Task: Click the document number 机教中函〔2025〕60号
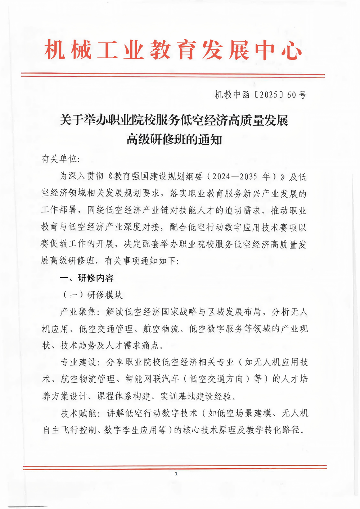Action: click(x=260, y=95)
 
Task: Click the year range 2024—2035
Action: click(x=235, y=176)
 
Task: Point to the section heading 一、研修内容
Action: click(x=86, y=278)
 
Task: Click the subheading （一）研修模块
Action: click(x=93, y=295)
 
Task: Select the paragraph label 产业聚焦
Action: click(x=78, y=312)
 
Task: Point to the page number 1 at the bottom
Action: click(x=176, y=474)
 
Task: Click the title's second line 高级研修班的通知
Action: click(x=174, y=139)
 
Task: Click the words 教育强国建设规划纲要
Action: click(x=158, y=176)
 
